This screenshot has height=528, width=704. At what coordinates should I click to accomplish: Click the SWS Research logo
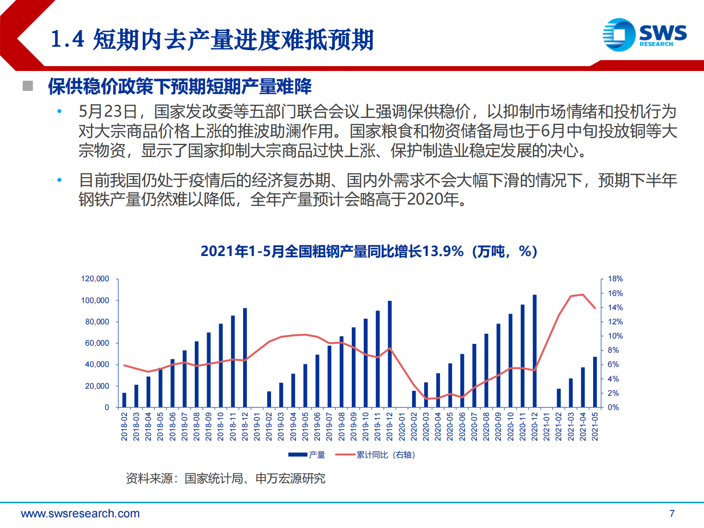pos(644,35)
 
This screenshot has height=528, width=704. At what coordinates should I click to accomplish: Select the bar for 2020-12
pos(535,351)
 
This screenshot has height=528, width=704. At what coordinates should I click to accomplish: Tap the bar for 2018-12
pos(245,358)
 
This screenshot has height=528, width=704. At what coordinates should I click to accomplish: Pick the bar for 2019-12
pos(389,354)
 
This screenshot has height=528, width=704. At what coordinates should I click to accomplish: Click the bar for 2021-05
pos(595,382)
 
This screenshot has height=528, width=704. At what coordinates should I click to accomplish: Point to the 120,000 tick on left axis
pos(95,279)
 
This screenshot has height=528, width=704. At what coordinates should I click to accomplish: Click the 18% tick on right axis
pos(615,279)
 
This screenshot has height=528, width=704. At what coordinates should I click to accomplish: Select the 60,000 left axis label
pos(97,343)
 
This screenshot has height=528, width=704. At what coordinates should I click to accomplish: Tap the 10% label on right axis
pos(615,336)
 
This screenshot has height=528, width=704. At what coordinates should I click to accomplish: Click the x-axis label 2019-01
pos(257,426)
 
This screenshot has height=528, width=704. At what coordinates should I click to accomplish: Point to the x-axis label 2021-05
pos(595,426)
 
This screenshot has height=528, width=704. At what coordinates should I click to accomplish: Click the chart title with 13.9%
pos(369,251)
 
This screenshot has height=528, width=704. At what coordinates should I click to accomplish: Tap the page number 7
pos(672,513)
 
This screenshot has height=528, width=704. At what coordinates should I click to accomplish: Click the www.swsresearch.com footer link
pos(80,513)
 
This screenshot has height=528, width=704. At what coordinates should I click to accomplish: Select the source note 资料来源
pos(225,478)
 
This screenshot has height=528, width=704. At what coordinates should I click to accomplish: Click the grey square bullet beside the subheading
pos(28,86)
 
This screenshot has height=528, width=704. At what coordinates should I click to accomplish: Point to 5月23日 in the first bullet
pos(107,111)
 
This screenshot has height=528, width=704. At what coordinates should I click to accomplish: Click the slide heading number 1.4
pos(67,39)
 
